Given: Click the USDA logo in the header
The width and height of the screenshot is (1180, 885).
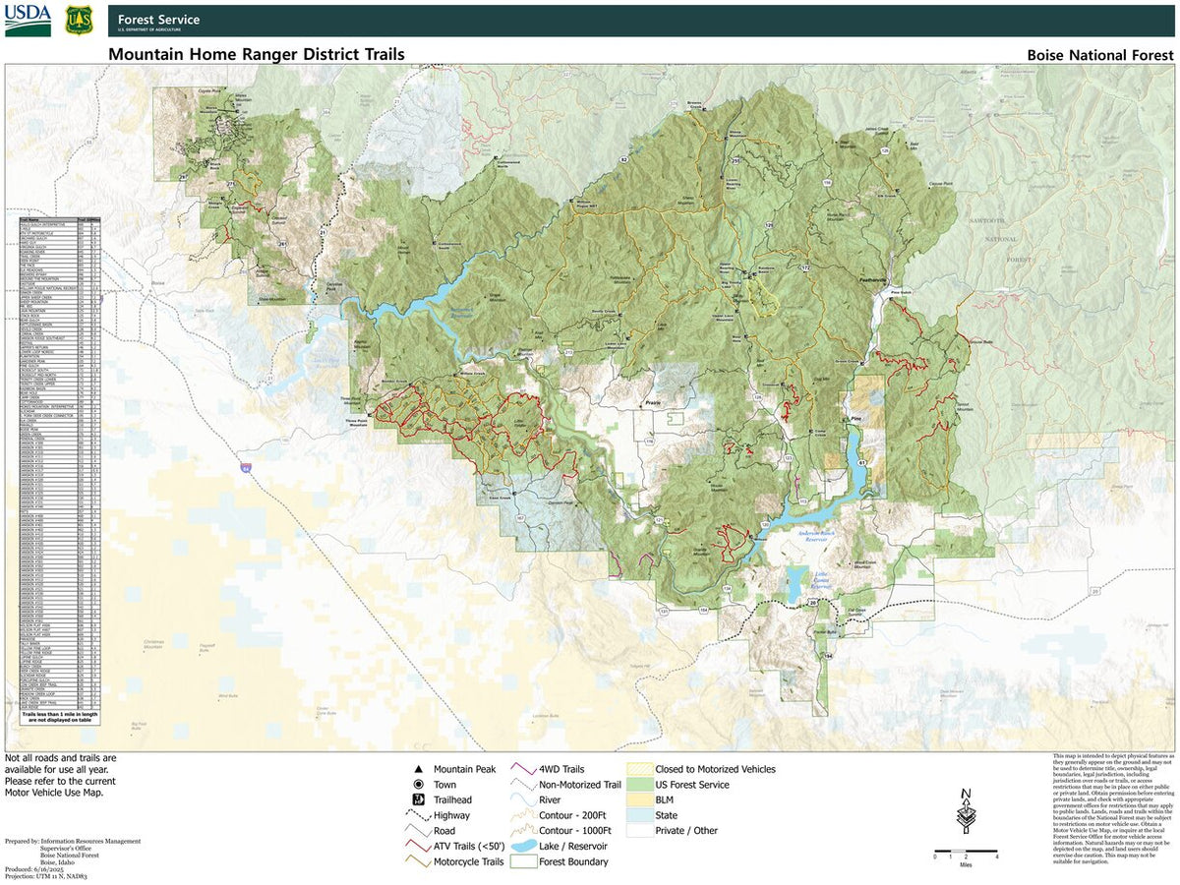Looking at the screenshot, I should tap(28, 21).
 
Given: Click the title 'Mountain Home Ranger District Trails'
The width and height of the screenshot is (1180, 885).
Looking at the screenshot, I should tap(256, 55).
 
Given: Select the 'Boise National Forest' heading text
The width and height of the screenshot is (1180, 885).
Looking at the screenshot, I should tap(1100, 55).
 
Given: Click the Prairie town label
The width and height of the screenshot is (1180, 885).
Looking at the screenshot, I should tap(649, 403).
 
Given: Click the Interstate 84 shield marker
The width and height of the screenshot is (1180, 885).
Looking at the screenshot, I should tap(246, 469).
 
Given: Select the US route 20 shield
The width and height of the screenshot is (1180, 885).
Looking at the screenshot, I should tap(812, 602).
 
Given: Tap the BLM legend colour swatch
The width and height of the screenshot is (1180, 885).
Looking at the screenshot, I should tap(639, 799).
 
